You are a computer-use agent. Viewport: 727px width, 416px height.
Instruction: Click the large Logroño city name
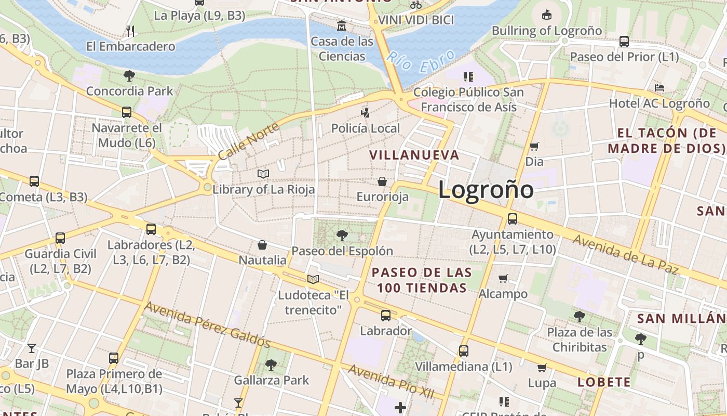click(x=486, y=190)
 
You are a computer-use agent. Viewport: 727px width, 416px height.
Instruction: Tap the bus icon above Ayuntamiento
click(x=513, y=219)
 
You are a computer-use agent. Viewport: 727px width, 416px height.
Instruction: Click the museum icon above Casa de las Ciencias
click(x=342, y=25)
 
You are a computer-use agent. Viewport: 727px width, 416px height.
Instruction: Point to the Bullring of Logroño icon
click(x=546, y=15)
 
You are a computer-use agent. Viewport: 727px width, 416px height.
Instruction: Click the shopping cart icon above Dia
click(x=534, y=147)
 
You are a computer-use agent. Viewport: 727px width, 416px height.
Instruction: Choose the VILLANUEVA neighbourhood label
click(x=414, y=155)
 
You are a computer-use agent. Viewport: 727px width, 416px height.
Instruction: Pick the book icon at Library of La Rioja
click(x=263, y=174)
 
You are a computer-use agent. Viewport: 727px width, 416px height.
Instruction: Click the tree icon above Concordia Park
click(x=129, y=76)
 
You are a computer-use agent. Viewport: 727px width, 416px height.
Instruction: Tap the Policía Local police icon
click(x=366, y=112)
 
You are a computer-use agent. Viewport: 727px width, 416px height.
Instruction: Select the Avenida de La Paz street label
click(x=626, y=254)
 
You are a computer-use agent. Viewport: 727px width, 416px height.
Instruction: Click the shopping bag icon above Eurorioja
click(x=382, y=181)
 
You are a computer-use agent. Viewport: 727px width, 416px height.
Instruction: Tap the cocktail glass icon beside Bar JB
click(x=32, y=348)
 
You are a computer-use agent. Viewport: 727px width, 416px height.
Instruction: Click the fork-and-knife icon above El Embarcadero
click(x=130, y=31)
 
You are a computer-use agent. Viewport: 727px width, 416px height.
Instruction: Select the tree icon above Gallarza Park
click(x=271, y=365)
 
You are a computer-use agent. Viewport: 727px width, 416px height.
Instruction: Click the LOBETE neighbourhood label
click(x=604, y=383)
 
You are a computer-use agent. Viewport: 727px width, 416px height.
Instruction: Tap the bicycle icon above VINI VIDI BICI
click(x=415, y=5)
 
